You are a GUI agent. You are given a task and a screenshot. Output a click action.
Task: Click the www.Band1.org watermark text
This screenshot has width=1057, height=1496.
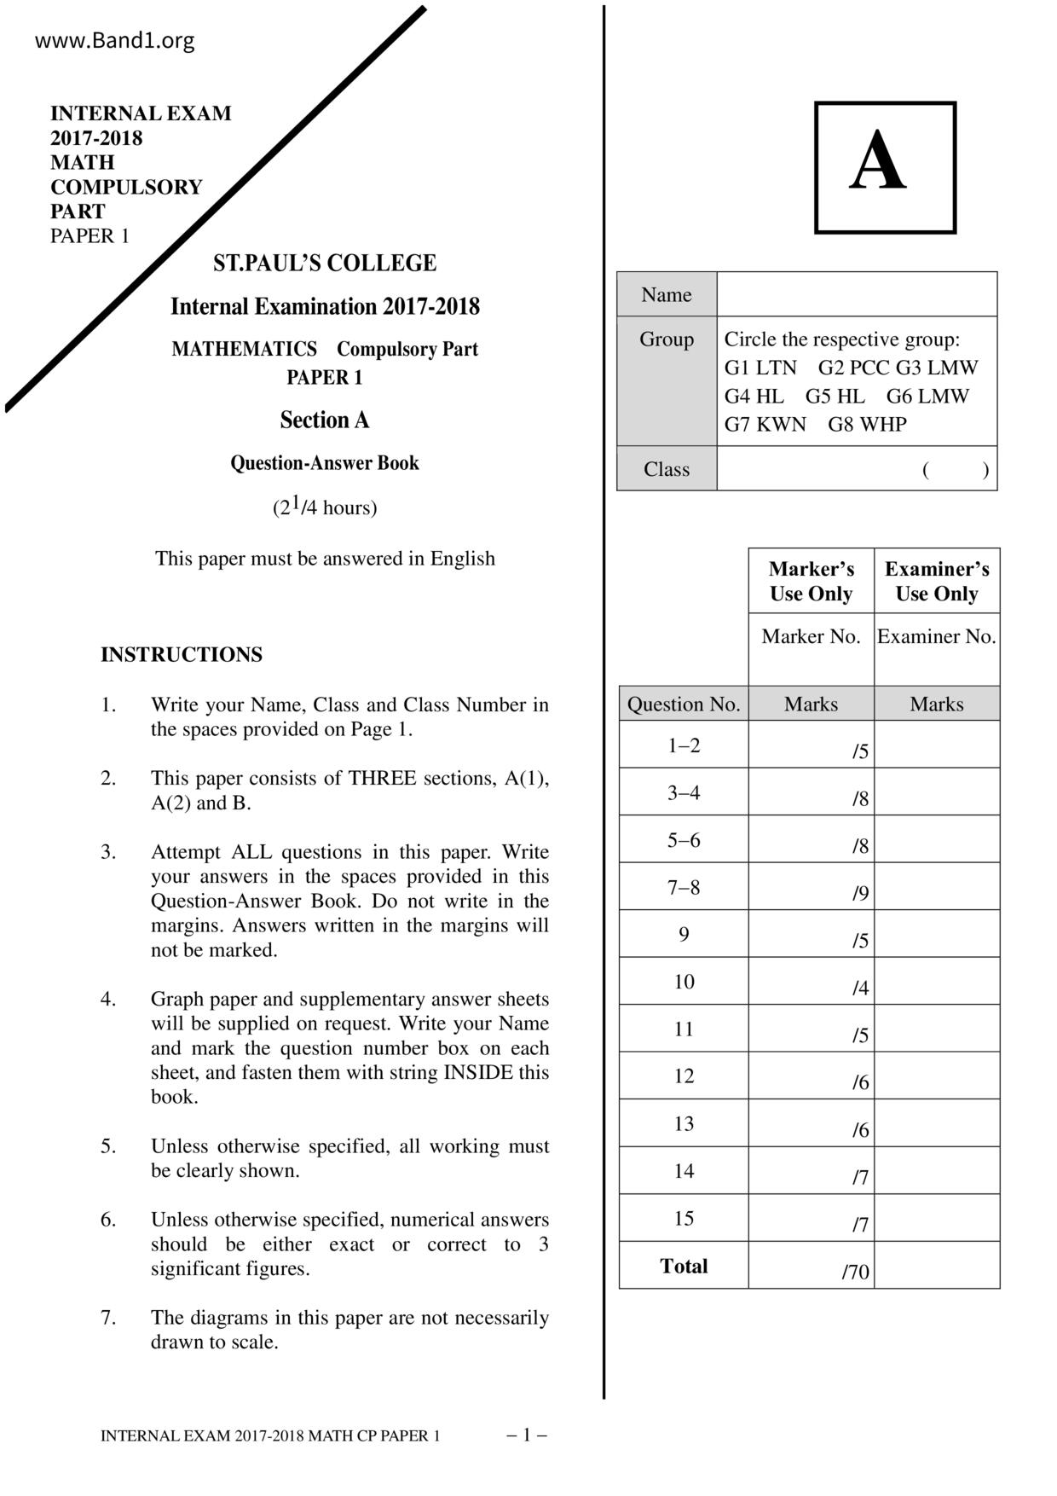tap(114, 40)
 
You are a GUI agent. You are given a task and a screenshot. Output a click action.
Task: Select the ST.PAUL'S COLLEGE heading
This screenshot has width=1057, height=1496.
tap(325, 263)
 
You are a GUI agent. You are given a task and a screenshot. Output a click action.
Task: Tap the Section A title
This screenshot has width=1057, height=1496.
tap(325, 420)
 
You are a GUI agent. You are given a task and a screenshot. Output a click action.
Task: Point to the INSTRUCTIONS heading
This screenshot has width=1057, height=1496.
tap(182, 654)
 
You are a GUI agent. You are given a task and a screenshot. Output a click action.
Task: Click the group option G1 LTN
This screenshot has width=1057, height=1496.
tap(760, 368)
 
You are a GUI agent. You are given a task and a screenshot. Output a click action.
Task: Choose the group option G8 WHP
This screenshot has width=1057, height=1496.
tap(867, 424)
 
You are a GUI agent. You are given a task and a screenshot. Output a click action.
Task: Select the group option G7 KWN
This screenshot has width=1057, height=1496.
tap(765, 424)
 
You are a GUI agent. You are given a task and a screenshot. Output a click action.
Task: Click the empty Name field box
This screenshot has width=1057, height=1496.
tap(857, 294)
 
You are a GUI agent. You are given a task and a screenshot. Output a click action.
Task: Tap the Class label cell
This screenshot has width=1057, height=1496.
tap(667, 469)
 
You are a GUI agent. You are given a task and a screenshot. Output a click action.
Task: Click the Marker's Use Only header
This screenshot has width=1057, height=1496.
tap(811, 581)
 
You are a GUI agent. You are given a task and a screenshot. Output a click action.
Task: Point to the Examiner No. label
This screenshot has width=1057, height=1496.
tap(936, 636)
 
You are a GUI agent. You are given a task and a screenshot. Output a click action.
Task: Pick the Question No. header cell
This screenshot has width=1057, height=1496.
tap(684, 704)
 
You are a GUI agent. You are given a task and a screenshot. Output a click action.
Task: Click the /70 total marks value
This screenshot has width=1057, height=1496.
tap(855, 1272)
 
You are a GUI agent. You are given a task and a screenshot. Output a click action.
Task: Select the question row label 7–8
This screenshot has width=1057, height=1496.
tap(684, 887)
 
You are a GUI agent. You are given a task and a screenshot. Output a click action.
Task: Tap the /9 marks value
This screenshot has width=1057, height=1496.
tap(860, 893)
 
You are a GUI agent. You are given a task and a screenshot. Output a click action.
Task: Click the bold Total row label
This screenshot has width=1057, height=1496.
tap(684, 1266)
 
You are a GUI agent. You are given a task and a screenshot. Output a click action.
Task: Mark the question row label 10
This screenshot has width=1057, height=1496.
tap(684, 982)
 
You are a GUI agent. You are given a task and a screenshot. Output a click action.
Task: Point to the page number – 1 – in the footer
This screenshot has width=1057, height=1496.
tap(527, 1435)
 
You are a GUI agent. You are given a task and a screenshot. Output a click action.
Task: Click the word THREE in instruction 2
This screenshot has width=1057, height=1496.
tap(382, 778)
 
